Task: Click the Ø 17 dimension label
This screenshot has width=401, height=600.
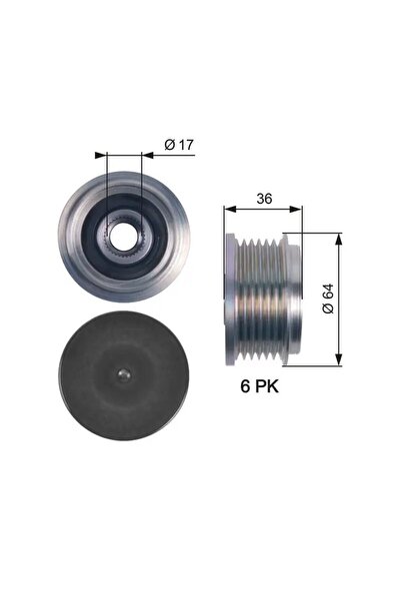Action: (179, 145)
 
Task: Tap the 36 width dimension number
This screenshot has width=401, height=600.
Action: (264, 199)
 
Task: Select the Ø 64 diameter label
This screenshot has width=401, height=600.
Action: (329, 299)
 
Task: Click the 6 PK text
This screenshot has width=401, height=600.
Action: (260, 386)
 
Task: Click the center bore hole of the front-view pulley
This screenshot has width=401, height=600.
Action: (123, 236)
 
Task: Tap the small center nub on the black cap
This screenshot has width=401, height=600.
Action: (123, 375)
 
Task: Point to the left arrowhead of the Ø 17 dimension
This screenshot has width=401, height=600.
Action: (100, 155)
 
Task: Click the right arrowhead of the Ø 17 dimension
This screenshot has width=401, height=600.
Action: (148, 155)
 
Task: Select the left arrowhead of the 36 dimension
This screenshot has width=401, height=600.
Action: (230, 209)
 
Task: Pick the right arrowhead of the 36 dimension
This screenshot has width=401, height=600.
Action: (296, 209)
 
